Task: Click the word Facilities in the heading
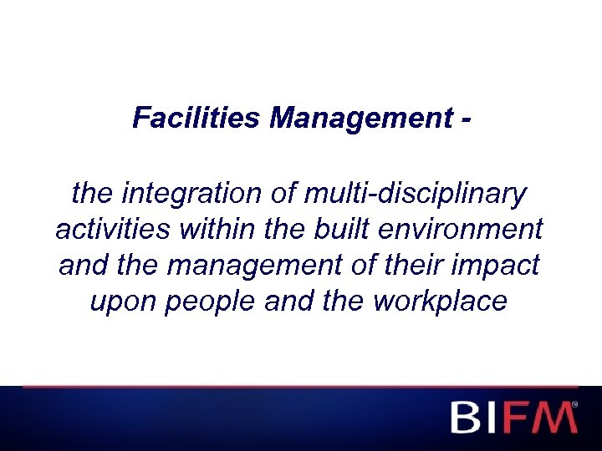[196, 119]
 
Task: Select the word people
[211, 302]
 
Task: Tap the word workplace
[441, 302]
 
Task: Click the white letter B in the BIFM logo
[465, 417]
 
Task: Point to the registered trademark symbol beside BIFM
[574, 403]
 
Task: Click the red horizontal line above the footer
[301, 387]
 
